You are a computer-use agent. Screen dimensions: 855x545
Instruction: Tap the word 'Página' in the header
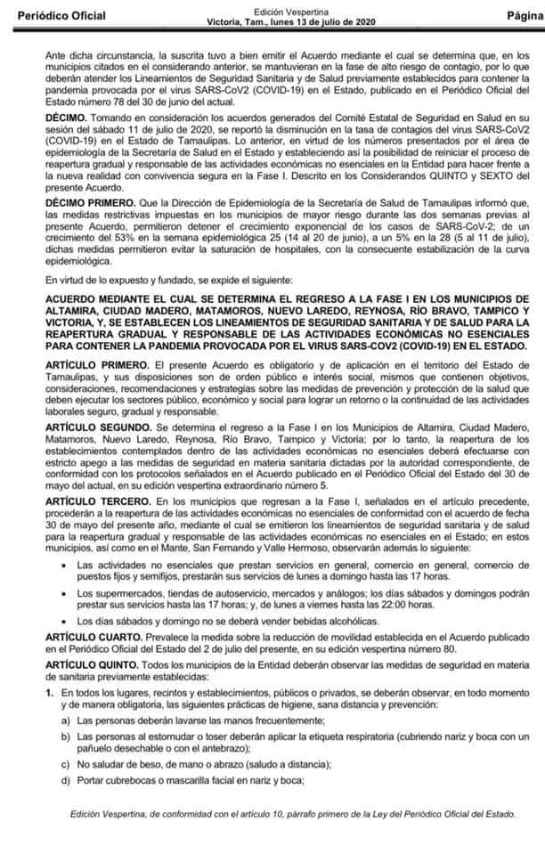(x=525, y=16)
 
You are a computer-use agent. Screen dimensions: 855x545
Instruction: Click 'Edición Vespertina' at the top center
(x=272, y=11)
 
